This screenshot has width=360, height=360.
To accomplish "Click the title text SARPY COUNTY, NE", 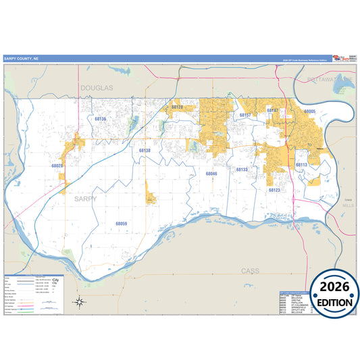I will [20, 59].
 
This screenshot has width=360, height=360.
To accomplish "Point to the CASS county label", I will [251, 270].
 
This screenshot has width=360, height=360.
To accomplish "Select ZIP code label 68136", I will [100, 118].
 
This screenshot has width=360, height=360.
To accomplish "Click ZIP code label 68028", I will [57, 165].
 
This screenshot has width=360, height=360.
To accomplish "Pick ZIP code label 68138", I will [145, 150].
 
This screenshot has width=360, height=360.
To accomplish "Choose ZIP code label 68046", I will [211, 174].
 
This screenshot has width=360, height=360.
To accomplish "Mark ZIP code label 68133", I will [242, 169].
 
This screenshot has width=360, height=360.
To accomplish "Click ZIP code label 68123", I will [274, 190].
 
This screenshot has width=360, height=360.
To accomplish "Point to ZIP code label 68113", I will [301, 164].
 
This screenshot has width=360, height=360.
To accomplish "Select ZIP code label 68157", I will [245, 115].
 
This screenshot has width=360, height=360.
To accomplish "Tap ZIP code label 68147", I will [273, 109].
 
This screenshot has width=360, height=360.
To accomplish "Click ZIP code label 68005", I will [311, 109].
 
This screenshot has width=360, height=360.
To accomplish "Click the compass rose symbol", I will [80, 301].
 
